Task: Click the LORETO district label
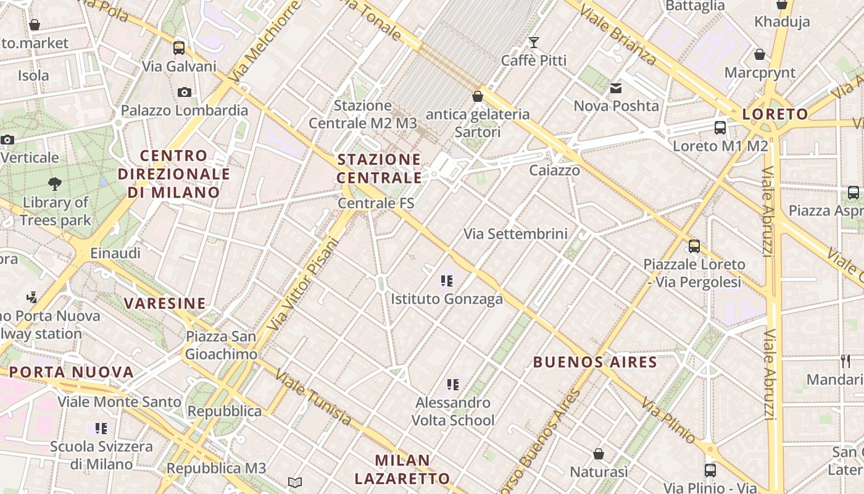(775, 114)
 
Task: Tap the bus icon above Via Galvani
(179, 48)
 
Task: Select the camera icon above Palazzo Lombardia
(184, 92)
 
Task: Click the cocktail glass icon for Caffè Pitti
(534, 43)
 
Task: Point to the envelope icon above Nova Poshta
(616, 88)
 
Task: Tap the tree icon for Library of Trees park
(55, 183)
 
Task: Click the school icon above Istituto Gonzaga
(447, 281)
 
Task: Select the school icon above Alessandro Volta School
(453, 385)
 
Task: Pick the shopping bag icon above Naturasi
(598, 454)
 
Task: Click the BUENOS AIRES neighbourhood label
(595, 362)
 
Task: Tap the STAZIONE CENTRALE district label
(380, 169)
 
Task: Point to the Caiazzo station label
(555, 170)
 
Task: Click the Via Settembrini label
(515, 234)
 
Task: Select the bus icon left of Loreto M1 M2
(720, 128)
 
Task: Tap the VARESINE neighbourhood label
(165, 303)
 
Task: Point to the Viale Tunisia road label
(313, 397)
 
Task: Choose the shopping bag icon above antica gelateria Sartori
(477, 96)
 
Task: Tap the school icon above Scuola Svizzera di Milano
(101, 428)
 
